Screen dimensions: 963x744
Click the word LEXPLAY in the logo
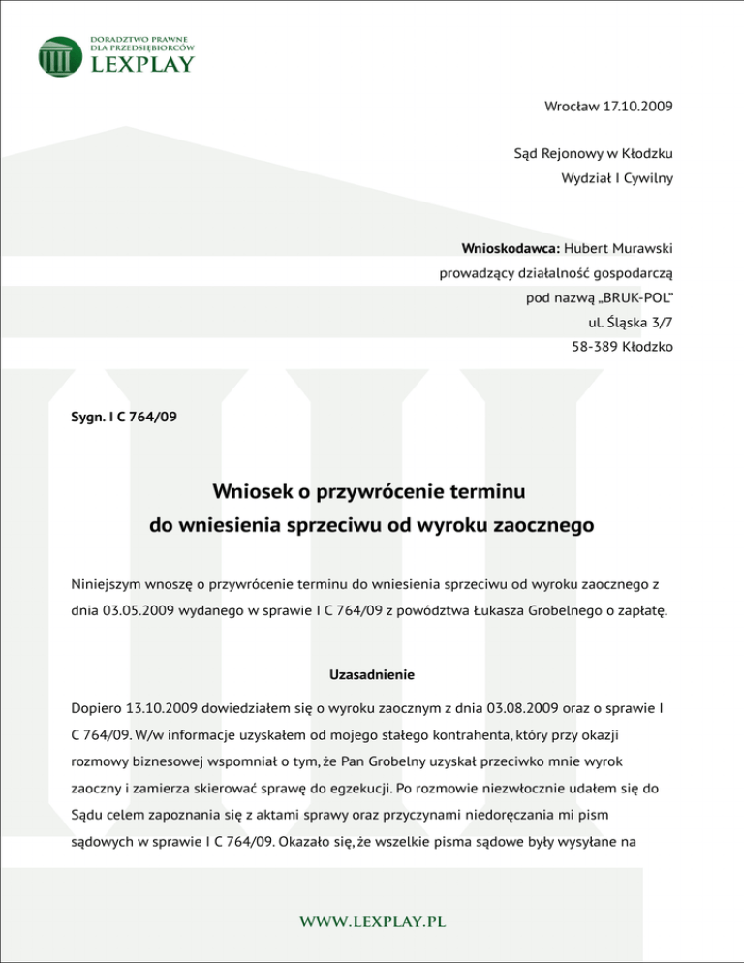coord(141,64)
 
